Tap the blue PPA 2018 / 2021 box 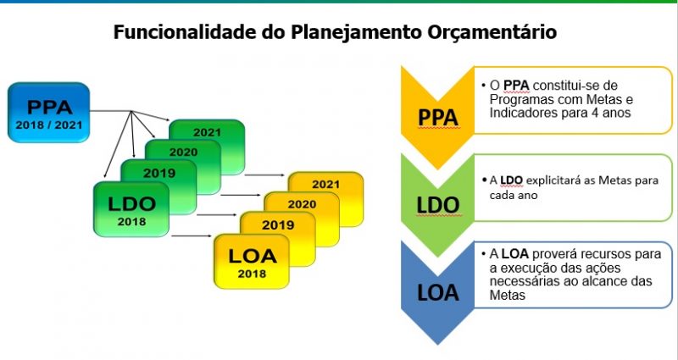point(49,113)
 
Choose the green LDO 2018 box point(131,209)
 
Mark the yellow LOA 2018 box point(252,262)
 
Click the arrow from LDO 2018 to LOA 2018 point(192,236)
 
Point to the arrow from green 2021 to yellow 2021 point(264,175)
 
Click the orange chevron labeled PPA point(437,117)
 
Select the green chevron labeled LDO point(437,204)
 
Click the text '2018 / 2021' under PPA point(49,125)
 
